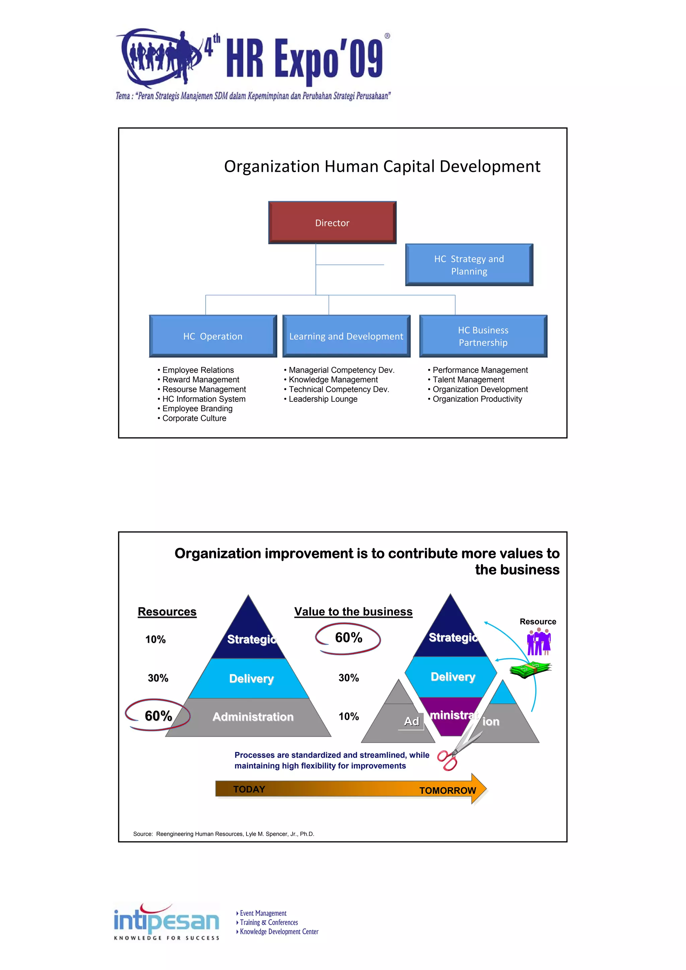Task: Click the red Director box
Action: click(x=332, y=223)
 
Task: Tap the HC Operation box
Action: click(x=213, y=336)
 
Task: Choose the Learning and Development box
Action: click(x=346, y=336)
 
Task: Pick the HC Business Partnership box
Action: click(x=483, y=336)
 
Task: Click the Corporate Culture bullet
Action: click(x=194, y=418)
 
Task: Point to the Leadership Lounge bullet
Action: click(x=323, y=399)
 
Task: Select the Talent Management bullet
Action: click(x=468, y=379)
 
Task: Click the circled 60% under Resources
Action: click(x=158, y=716)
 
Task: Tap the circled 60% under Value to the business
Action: click(x=348, y=638)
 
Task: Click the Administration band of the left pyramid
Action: click(x=253, y=717)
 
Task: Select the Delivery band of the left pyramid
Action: click(x=251, y=678)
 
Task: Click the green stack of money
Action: click(x=530, y=669)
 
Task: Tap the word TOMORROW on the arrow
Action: click(x=447, y=791)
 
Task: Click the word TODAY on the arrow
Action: click(x=249, y=789)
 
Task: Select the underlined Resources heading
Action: click(x=167, y=612)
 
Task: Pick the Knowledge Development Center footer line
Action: click(x=279, y=931)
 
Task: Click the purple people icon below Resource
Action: click(x=539, y=642)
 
